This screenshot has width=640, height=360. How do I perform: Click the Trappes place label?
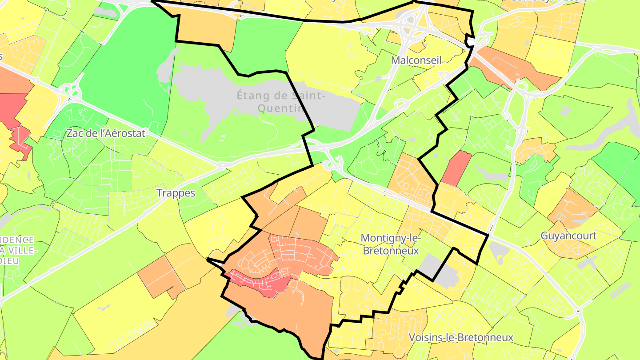pos(176,193)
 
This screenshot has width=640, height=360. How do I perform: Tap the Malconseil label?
pos(416,60)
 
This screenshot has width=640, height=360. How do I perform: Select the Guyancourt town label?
pos(568,236)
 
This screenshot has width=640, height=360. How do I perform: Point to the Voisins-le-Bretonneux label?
pos(460,337)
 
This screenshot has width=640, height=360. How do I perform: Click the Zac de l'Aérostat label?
pos(106,133)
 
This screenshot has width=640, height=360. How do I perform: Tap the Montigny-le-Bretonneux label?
pos(391,244)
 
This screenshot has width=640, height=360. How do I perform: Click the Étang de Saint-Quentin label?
pos(281,101)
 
